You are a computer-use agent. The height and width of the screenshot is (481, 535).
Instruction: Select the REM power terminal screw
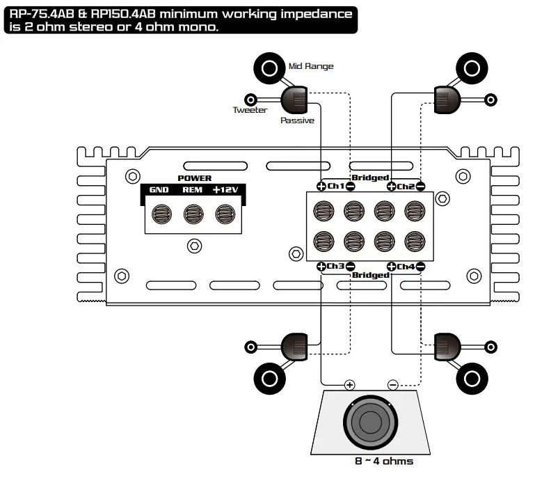(x=193, y=214)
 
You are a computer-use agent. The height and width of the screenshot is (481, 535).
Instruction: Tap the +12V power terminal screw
(x=225, y=214)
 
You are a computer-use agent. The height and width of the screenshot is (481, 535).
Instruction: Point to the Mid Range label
(x=310, y=66)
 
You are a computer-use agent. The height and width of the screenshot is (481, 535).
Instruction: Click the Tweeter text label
(x=250, y=110)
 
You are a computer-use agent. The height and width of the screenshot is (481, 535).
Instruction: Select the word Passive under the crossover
(x=297, y=120)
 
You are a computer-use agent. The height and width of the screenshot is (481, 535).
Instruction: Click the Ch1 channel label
(x=335, y=187)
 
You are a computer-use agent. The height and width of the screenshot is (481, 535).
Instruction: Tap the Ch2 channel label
(x=406, y=187)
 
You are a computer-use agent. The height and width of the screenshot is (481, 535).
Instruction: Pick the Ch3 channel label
(x=335, y=267)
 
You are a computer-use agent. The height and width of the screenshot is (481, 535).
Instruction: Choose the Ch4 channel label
(x=406, y=267)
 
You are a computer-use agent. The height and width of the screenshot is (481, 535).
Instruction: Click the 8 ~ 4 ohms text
(x=383, y=462)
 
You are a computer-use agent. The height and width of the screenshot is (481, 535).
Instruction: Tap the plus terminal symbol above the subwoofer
(x=349, y=385)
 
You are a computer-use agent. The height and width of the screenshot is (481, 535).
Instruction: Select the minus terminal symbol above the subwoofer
(x=392, y=385)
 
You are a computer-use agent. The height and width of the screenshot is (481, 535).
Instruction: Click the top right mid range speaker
(x=471, y=68)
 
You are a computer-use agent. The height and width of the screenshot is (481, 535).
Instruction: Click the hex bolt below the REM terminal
(x=194, y=246)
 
